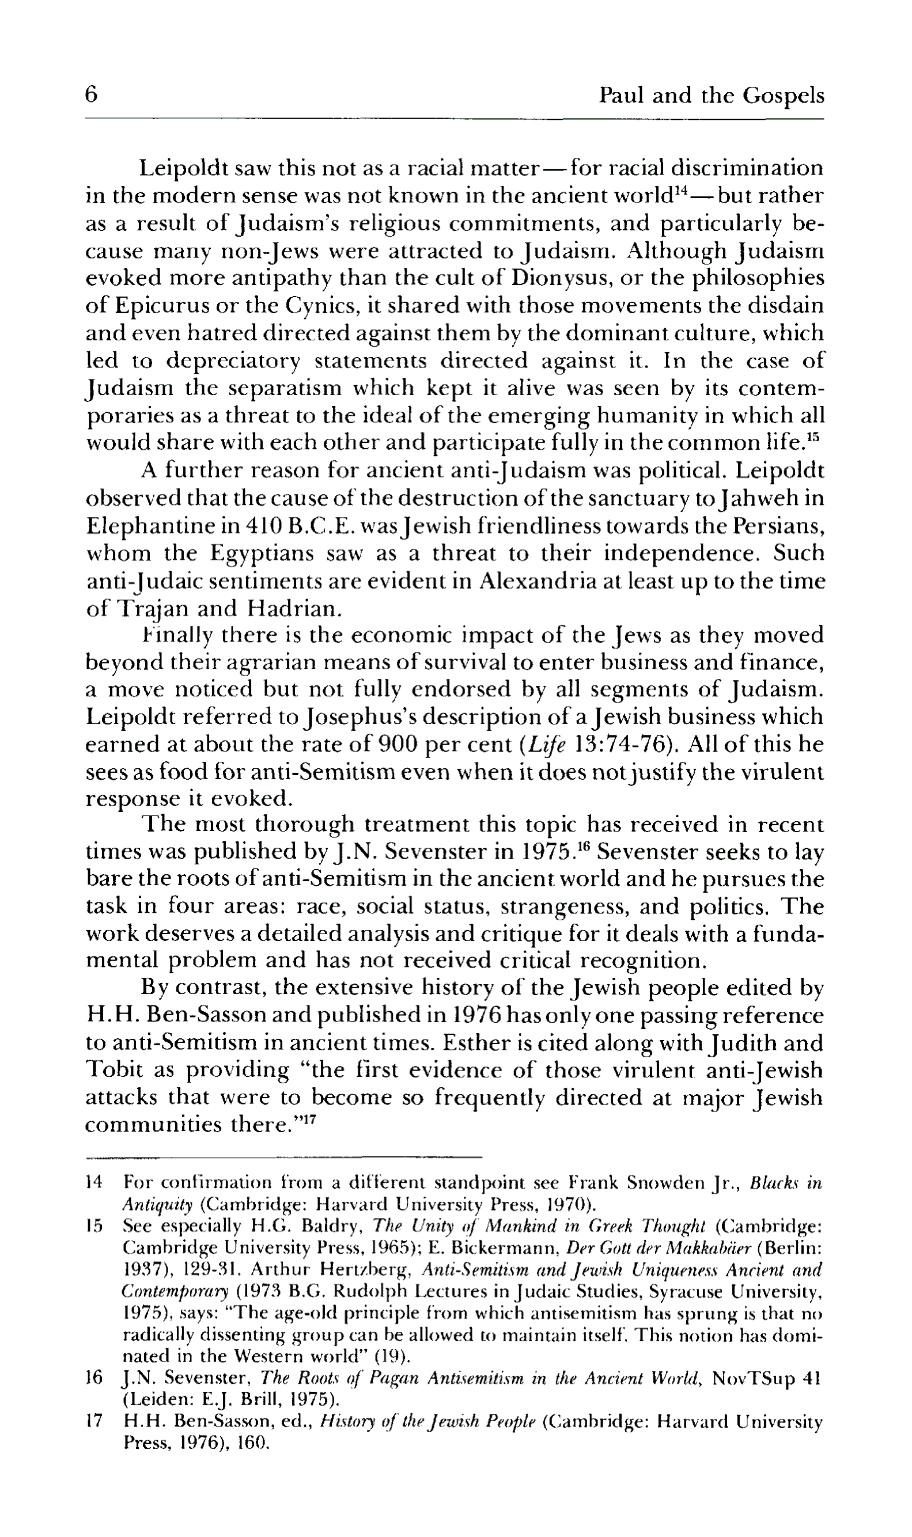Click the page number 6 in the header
[92, 96]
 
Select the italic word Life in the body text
[540, 745]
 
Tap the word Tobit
[113, 1070]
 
